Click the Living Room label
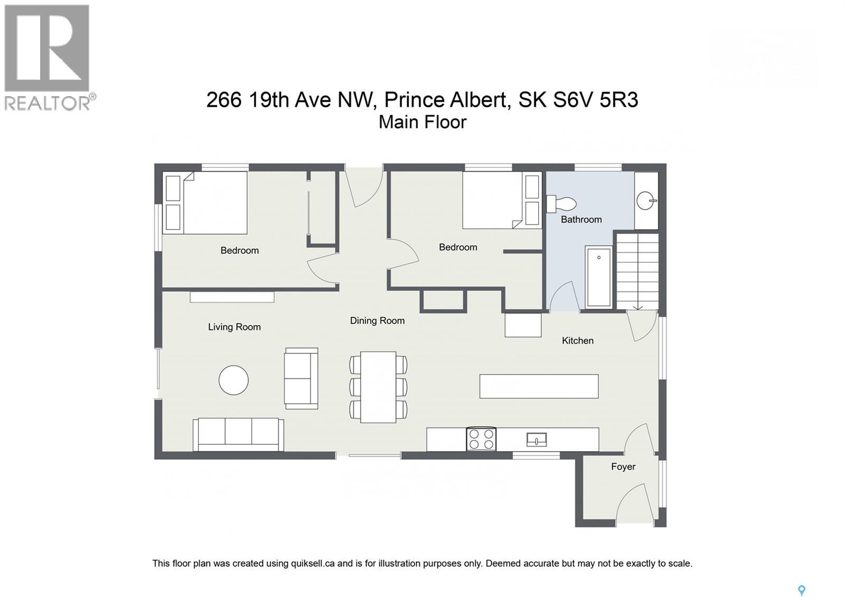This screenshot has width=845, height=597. (234, 327)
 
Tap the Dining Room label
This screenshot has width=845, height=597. (377, 321)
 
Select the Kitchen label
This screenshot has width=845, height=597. (577, 341)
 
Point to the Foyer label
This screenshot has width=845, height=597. (623, 467)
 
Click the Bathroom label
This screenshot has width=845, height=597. (581, 219)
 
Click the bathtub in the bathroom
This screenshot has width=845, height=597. (598, 277)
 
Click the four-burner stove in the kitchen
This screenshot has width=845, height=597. (481, 439)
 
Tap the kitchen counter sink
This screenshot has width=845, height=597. (536, 439)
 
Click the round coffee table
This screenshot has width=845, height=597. (233, 380)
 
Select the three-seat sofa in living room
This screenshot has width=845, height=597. (238, 434)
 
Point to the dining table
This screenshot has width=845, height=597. (378, 387)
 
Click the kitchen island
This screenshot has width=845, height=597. (539, 386)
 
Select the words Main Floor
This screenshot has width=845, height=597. (422, 122)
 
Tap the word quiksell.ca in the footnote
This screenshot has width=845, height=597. (313, 563)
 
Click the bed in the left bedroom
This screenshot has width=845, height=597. (214, 203)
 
